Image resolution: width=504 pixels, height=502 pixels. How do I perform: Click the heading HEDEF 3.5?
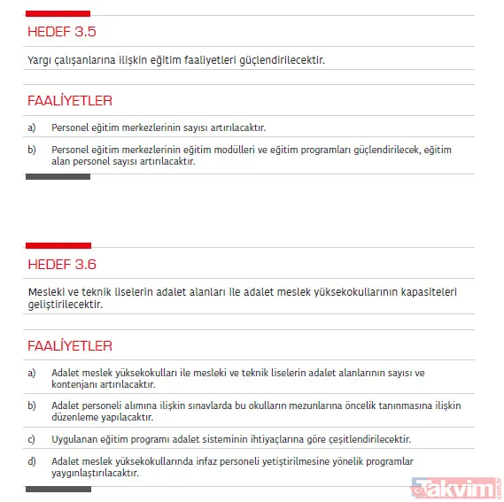click(61, 32)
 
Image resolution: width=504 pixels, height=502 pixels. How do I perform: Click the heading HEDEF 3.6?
click(61, 264)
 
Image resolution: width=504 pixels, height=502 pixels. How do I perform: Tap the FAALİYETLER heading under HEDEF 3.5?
click(69, 101)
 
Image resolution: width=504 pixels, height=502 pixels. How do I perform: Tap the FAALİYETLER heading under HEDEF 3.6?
click(69, 345)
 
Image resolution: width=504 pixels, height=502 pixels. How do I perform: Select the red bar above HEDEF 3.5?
click(58, 13)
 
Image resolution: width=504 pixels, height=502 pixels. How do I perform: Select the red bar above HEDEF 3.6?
click(58, 245)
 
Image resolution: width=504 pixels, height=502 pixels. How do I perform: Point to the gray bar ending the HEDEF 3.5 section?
click(58, 177)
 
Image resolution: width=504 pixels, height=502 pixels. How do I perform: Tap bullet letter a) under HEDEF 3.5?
click(32, 127)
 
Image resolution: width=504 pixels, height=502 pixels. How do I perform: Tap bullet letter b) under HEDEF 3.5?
click(32, 150)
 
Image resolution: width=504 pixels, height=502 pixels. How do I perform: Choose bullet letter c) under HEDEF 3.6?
click(32, 439)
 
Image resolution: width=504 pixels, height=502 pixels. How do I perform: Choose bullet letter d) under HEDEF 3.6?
click(32, 461)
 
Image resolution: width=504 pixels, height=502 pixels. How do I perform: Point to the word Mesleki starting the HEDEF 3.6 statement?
click(45, 292)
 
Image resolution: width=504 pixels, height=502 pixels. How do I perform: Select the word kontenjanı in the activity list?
click(75, 384)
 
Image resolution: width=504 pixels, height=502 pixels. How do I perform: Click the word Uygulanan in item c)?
click(75, 439)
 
